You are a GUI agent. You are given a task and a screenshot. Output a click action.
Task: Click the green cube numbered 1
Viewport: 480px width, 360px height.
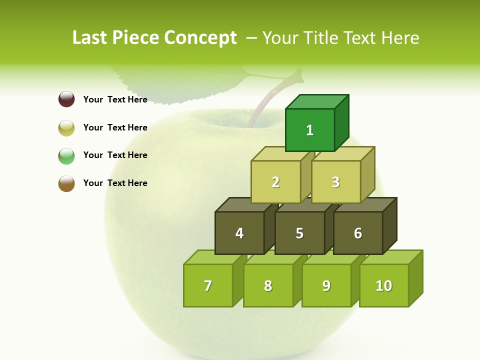pyautogui.click(x=310, y=130)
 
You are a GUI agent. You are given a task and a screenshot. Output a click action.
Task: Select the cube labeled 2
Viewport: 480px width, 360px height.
pyautogui.click(x=275, y=182)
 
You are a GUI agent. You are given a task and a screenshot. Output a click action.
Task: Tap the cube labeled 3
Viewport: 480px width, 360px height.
pyautogui.click(x=335, y=182)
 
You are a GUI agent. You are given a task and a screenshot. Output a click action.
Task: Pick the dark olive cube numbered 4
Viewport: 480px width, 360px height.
pyautogui.click(x=239, y=233)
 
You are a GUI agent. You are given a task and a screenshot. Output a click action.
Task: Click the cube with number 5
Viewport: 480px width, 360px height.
pyautogui.click(x=299, y=233)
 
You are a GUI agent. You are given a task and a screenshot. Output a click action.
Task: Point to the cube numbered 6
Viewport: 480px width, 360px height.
pyautogui.click(x=358, y=233)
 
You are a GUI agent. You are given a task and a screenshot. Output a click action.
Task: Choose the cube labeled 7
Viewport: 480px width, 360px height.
pyautogui.click(x=208, y=285)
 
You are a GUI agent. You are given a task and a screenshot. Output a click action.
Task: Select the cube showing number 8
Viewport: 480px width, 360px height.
pyautogui.click(x=268, y=285)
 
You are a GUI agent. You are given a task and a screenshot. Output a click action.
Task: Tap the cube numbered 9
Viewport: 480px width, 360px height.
pyautogui.click(x=326, y=285)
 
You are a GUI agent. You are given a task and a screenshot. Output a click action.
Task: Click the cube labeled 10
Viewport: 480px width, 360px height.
pyautogui.click(x=384, y=285)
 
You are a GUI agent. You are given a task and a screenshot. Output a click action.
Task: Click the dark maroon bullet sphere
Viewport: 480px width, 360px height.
pyautogui.click(x=66, y=99)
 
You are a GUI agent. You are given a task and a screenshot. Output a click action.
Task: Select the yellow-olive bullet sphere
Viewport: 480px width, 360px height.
pyautogui.click(x=66, y=127)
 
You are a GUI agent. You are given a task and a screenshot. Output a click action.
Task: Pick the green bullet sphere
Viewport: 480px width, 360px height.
pyautogui.click(x=66, y=155)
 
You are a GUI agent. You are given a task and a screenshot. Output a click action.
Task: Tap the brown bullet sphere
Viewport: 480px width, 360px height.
pyautogui.click(x=66, y=183)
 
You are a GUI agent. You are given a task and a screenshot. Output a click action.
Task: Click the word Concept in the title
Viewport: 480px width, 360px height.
pyautogui.click(x=200, y=38)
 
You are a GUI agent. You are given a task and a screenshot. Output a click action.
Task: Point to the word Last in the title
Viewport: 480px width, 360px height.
pyautogui.click(x=89, y=38)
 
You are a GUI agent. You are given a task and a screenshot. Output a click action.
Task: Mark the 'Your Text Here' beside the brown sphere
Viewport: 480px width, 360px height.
pyautogui.click(x=115, y=183)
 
